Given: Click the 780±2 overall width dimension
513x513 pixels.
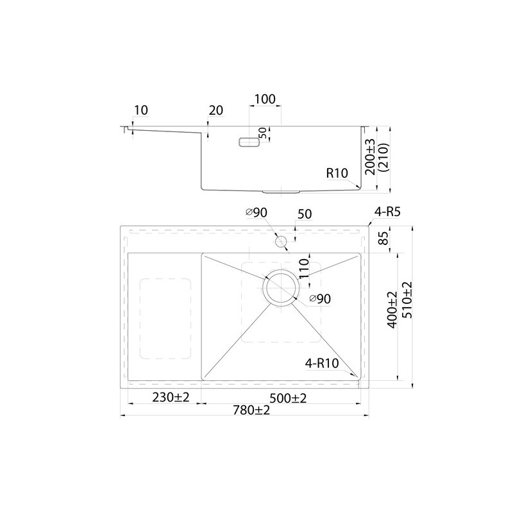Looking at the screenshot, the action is (x=251, y=409).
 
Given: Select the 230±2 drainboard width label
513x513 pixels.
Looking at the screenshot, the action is (x=171, y=398).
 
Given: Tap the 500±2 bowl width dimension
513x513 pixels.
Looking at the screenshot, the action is (x=288, y=398).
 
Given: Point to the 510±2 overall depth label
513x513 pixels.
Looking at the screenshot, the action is (x=407, y=300).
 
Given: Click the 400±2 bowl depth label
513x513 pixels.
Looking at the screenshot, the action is (x=392, y=309).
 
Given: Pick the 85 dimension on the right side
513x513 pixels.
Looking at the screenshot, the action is (x=384, y=238).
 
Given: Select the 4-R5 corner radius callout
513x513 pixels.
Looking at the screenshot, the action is (x=387, y=212).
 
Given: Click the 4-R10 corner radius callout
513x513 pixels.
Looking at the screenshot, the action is (x=322, y=363).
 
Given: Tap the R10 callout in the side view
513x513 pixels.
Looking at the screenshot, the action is (x=337, y=172).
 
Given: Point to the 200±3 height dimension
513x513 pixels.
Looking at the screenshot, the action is (x=371, y=156).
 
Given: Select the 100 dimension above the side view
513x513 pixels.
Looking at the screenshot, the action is (x=265, y=99).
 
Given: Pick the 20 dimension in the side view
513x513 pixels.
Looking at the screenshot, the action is (x=216, y=110).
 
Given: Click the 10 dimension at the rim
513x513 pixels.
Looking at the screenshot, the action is (x=141, y=110).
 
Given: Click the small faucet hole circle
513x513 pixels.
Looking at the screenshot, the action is (x=281, y=242).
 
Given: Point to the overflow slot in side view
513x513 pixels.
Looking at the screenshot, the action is (x=249, y=142).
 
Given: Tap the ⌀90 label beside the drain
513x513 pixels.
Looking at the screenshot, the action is (x=320, y=298).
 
